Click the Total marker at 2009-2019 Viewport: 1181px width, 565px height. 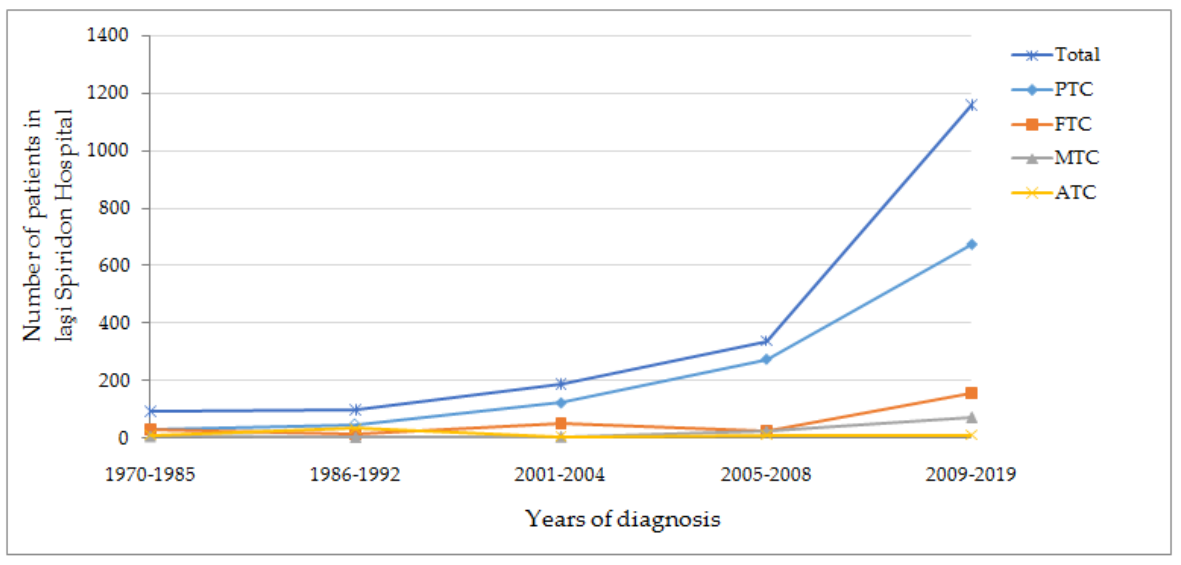pyautogui.click(x=971, y=105)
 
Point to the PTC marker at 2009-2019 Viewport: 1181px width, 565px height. pyautogui.click(x=971, y=244)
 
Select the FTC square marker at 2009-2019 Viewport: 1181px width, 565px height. pyautogui.click(x=971, y=393)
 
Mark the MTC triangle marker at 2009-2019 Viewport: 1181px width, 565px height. pyautogui.click(x=971, y=417)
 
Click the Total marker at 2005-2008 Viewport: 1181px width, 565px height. pyautogui.click(x=765, y=342)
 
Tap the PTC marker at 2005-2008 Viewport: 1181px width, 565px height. pyautogui.click(x=765, y=360)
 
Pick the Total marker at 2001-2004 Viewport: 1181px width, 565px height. pyautogui.click(x=560, y=383)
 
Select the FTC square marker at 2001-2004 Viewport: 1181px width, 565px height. pyautogui.click(x=560, y=423)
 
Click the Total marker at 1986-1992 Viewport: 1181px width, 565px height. pyautogui.click(x=355, y=409)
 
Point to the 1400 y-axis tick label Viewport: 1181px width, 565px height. pyautogui.click(x=108, y=35)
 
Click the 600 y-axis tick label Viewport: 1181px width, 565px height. pyautogui.click(x=114, y=265)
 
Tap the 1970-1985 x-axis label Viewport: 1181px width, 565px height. pyautogui.click(x=150, y=474)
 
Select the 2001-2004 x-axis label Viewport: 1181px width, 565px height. pyautogui.click(x=560, y=474)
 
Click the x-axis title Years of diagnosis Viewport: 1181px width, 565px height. pyautogui.click(x=622, y=519)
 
